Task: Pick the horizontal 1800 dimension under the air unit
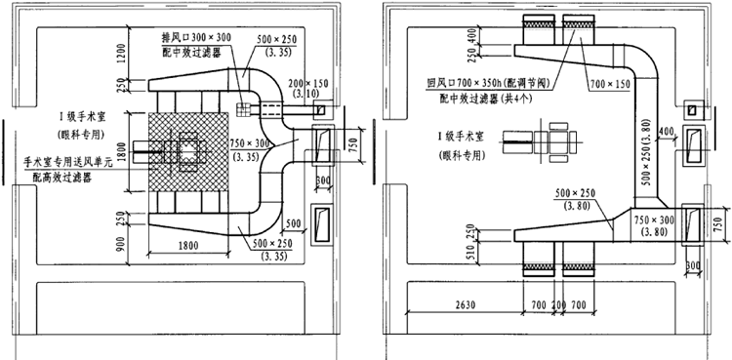(190, 248)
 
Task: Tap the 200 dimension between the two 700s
(557, 304)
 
